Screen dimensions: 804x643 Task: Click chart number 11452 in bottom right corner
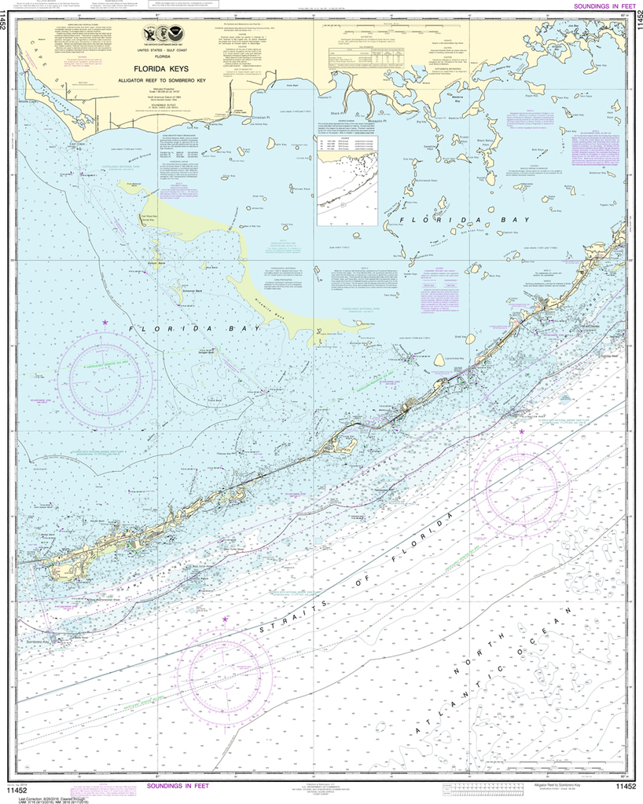626,787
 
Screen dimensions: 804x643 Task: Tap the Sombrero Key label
35,641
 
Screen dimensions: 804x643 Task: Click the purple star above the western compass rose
105,323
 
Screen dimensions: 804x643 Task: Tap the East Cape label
75,144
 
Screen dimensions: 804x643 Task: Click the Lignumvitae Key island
439,359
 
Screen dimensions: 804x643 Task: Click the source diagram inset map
347,179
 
